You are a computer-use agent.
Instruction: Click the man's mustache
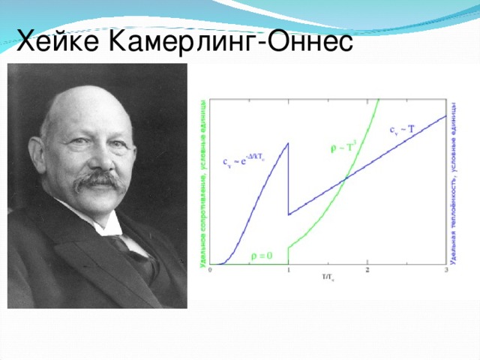coord(101,181)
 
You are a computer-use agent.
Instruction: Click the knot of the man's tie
coord(118,244)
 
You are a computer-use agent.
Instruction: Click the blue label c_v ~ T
coord(403,130)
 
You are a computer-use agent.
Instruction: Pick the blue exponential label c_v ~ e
coord(241,159)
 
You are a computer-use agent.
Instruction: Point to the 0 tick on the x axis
coord(209,270)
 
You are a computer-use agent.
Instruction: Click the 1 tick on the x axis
coord(289,270)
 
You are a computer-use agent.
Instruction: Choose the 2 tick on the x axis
coord(367,270)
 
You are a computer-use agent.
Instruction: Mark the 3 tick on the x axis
coord(446,270)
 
